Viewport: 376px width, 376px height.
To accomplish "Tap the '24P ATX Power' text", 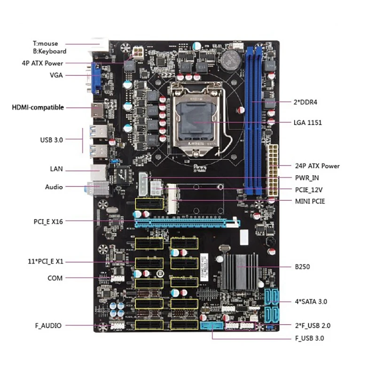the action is (x=317, y=165).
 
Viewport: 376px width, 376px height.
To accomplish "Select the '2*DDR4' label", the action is (x=307, y=101).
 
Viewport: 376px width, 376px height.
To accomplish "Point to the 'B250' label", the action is (x=303, y=266).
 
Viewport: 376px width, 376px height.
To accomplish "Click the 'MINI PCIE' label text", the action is (x=310, y=201).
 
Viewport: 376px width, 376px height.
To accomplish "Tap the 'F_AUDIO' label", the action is (x=48, y=325).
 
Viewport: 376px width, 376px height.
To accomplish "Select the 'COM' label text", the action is (x=55, y=278).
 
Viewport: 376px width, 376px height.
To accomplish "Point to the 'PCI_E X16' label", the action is (x=48, y=221).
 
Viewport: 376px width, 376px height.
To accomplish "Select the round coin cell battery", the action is (x=230, y=59).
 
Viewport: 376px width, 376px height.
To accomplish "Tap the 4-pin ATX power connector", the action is (x=139, y=51).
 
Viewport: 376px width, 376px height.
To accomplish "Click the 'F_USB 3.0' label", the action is (x=309, y=337).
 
